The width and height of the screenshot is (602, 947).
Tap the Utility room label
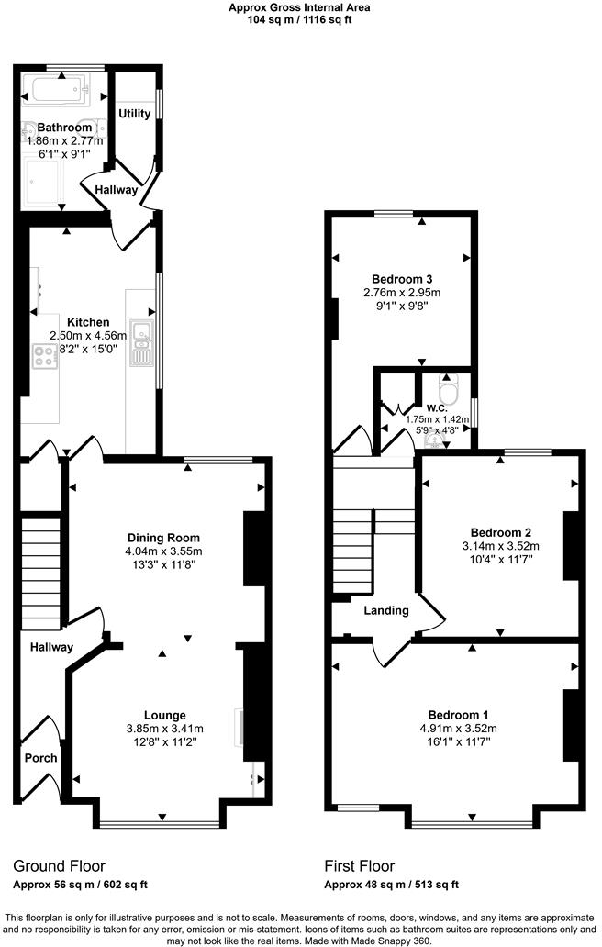(x=135, y=114)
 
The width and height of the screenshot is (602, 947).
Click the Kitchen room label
(x=88, y=322)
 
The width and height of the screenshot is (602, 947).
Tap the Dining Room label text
(x=163, y=538)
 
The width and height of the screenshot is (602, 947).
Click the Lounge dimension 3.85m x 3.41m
(x=164, y=729)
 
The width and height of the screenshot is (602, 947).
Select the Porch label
(x=40, y=758)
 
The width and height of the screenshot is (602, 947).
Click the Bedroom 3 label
(x=402, y=279)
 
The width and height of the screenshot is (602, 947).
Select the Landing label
(x=385, y=610)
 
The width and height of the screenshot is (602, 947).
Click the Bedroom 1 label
(x=458, y=715)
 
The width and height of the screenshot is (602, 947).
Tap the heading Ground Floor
(x=59, y=865)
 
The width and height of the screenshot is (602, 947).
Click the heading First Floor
(x=360, y=865)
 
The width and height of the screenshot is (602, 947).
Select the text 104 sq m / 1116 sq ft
(x=300, y=17)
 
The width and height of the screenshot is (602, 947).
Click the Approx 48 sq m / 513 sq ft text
(x=391, y=885)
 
